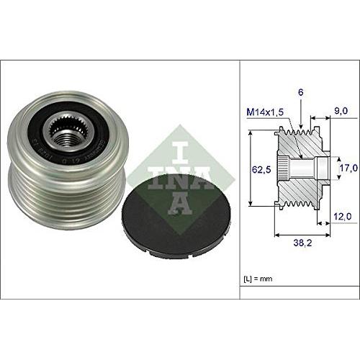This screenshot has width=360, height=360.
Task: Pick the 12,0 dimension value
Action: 341,215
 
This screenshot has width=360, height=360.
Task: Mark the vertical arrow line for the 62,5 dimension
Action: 250,169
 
